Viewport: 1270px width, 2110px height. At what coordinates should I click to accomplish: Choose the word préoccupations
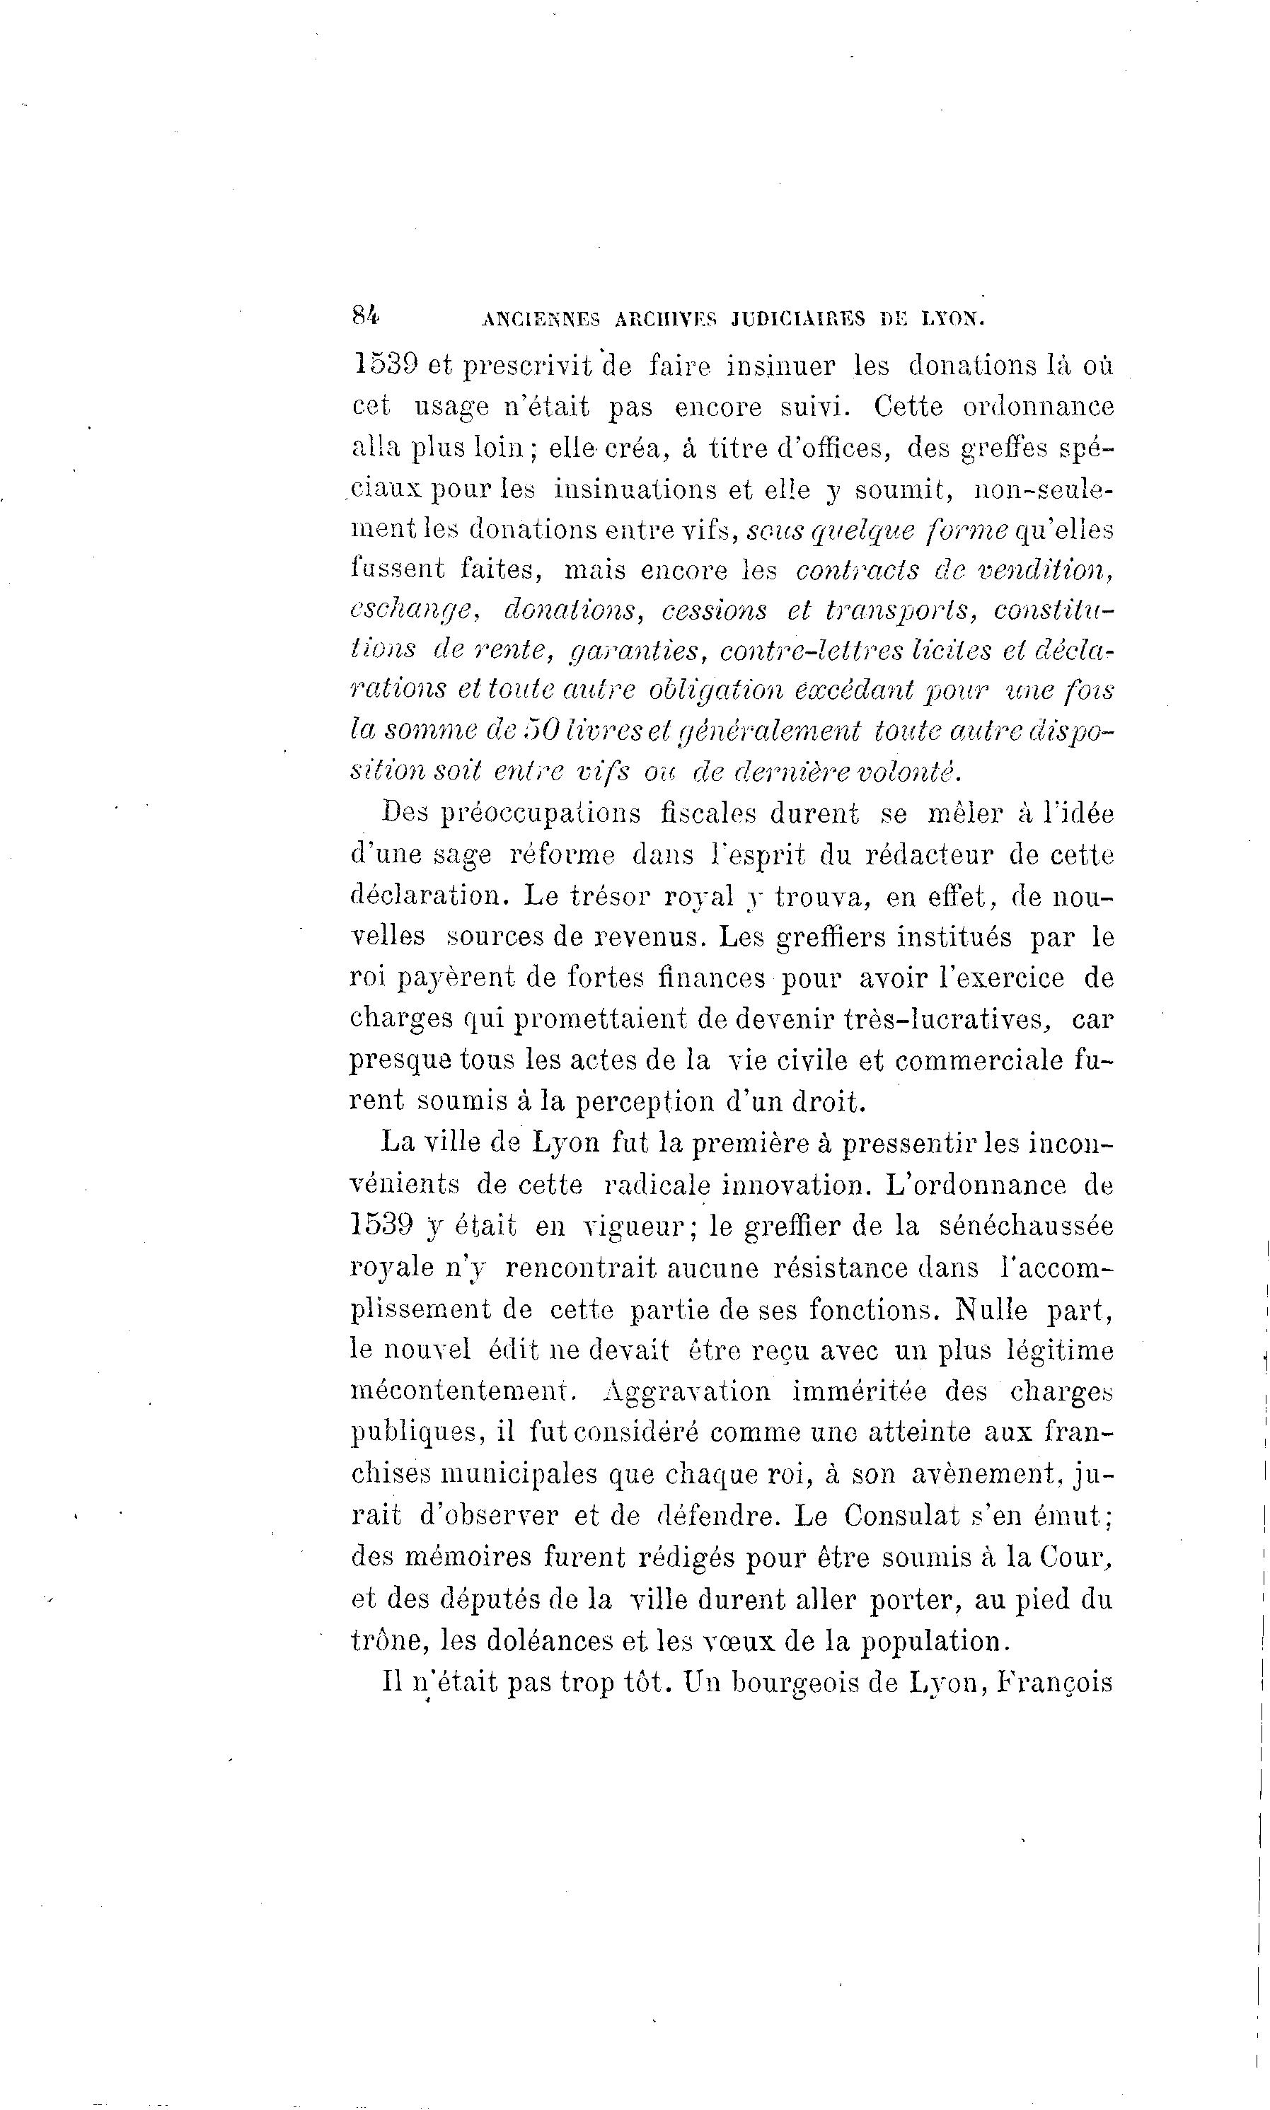tap(540, 813)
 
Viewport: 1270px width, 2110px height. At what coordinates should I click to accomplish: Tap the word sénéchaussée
tap(1026, 1225)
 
